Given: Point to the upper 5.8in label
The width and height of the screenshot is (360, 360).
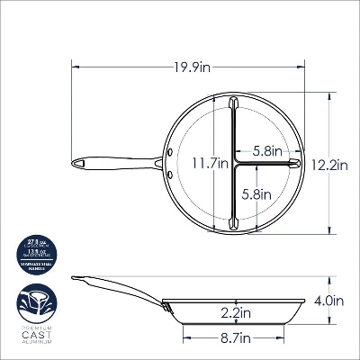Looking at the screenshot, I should (268, 151).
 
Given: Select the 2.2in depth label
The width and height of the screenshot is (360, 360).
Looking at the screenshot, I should (234, 312).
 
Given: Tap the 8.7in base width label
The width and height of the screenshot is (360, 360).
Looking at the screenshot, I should (234, 337).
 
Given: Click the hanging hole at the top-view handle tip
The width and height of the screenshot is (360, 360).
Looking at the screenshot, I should (80, 164).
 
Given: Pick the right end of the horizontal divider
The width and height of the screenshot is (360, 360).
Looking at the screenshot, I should (295, 164).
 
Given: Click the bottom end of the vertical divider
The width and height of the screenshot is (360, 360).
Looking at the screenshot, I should (232, 228).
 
